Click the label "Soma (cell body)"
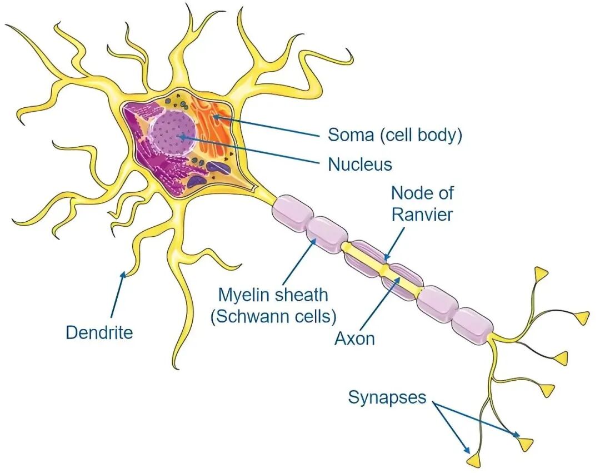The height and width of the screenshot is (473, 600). pos(394,135)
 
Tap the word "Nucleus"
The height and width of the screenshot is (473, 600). pos(359,165)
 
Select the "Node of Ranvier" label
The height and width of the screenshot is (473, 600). pos(422,203)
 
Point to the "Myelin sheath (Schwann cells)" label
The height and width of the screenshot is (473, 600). pos(273,305)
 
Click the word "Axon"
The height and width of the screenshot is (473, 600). pos(354,338)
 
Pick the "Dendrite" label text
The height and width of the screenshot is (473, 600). pos(99,332)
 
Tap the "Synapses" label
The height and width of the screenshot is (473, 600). pos(387,397)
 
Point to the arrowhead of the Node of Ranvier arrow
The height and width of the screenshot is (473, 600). pos(385,259)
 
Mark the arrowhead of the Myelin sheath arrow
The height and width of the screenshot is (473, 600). pos(316,240)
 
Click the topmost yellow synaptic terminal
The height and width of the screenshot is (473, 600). pos(541,273)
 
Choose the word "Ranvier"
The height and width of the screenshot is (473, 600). pos(422,214)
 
